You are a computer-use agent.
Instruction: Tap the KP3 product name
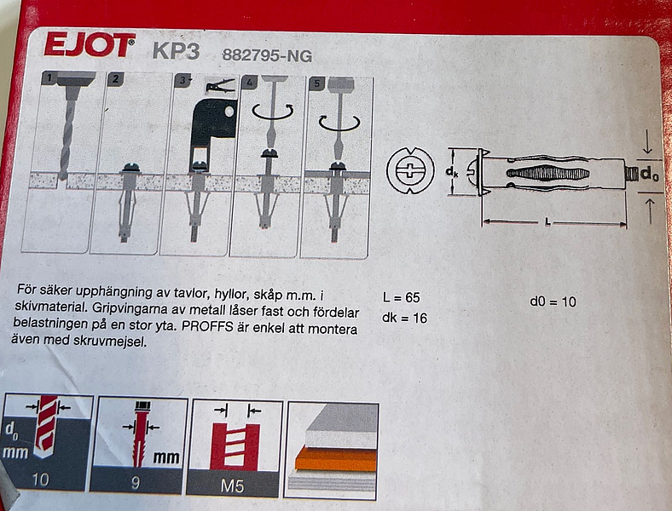176,50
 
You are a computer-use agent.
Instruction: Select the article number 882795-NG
267,57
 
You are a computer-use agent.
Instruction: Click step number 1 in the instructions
50,78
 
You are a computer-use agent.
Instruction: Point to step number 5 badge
318,84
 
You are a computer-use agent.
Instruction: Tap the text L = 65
402,298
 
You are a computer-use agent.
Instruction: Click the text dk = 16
405,318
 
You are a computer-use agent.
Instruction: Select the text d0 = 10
552,301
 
